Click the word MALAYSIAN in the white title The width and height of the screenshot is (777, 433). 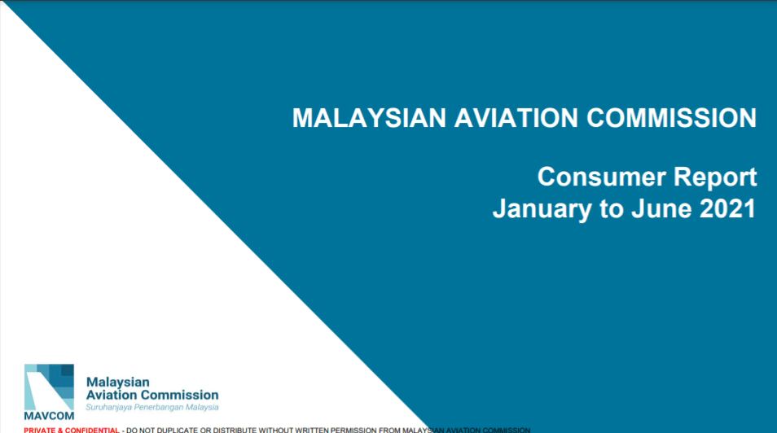(369, 118)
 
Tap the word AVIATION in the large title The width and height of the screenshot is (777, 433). (515, 118)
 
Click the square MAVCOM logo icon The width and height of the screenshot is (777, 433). (49, 387)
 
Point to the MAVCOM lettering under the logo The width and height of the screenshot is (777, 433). (49, 416)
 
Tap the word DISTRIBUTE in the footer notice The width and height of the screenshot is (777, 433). (233, 430)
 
